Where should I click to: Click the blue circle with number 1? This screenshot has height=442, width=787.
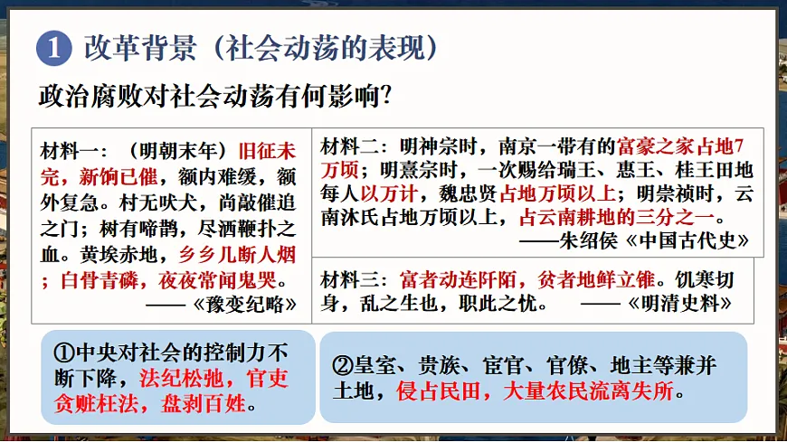coord(53,48)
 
